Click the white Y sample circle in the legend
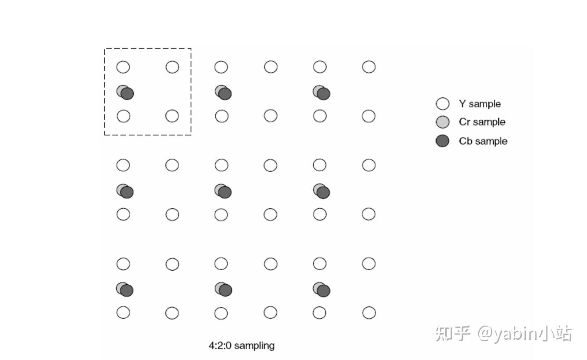[442, 104]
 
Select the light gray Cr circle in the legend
[442, 122]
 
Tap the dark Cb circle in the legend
[442, 141]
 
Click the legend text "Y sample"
[480, 104]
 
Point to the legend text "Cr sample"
[482, 122]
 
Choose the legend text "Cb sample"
[483, 141]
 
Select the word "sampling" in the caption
[254, 345]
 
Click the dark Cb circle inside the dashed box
[128, 94]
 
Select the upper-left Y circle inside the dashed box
[123, 67]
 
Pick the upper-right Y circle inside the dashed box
[172, 67]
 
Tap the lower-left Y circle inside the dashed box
[123, 116]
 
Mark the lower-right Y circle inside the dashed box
[172, 116]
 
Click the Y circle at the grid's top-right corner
[369, 67]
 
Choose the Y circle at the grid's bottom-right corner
[369, 313]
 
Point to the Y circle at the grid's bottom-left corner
[123, 312]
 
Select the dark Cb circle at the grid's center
[225, 192]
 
